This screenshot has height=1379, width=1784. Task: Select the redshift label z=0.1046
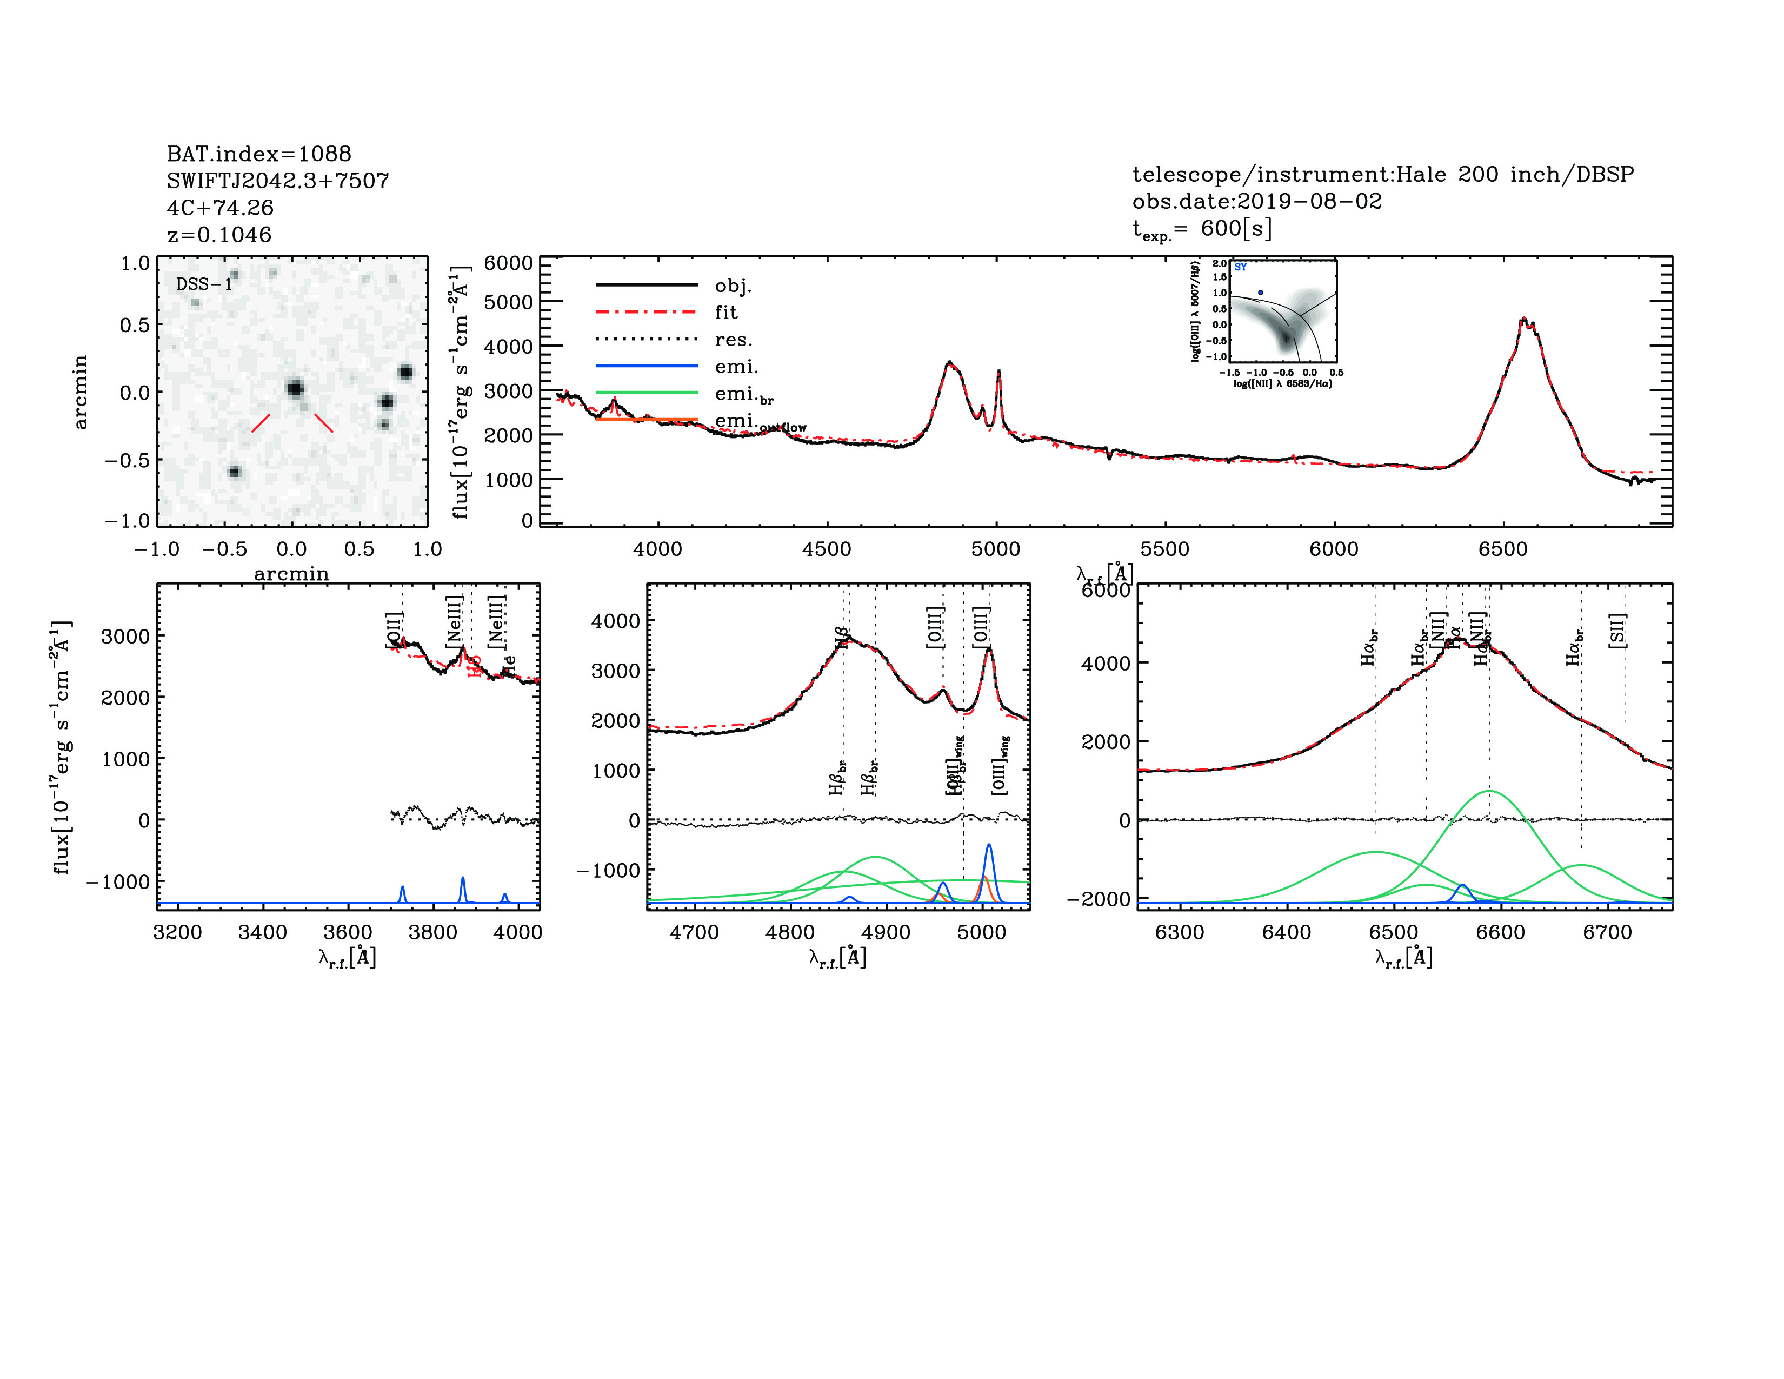click(219, 235)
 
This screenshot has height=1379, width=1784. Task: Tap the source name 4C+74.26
click(219, 208)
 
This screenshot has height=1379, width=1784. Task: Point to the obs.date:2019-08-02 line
click(1256, 201)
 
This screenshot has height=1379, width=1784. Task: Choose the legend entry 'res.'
click(733, 340)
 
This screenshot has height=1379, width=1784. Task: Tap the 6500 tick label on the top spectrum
click(1502, 549)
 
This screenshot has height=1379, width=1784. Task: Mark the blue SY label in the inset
click(1240, 267)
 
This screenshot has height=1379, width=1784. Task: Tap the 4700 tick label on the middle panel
click(694, 932)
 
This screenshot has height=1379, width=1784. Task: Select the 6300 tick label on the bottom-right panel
click(1180, 932)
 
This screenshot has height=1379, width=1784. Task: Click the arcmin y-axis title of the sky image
click(80, 392)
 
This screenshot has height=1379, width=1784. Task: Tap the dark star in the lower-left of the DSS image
click(235, 472)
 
